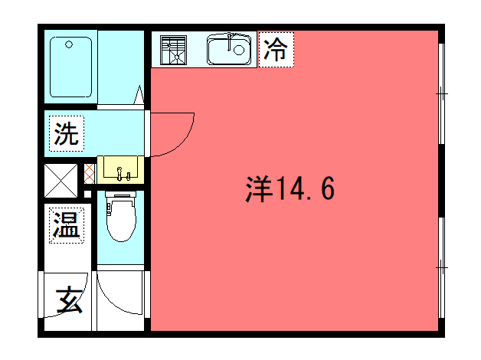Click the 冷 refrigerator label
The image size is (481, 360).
point(276,49)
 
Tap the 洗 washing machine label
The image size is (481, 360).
point(67,134)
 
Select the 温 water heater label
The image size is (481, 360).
point(67,225)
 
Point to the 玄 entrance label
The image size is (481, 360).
point(69,299)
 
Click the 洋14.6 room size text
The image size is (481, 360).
point(290,188)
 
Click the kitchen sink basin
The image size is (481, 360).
point(229,50)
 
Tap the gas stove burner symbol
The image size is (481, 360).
point(173,50)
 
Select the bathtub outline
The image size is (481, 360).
point(71,67)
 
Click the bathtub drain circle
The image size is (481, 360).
point(69,44)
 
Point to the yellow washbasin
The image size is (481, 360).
point(120,170)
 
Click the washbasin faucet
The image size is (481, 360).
point(119,173)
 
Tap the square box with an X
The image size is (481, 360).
point(61,181)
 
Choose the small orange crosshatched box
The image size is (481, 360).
point(90,174)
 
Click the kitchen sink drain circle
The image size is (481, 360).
point(239,50)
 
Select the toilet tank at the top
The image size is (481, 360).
point(120,194)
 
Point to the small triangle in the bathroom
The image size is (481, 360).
point(139,94)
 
